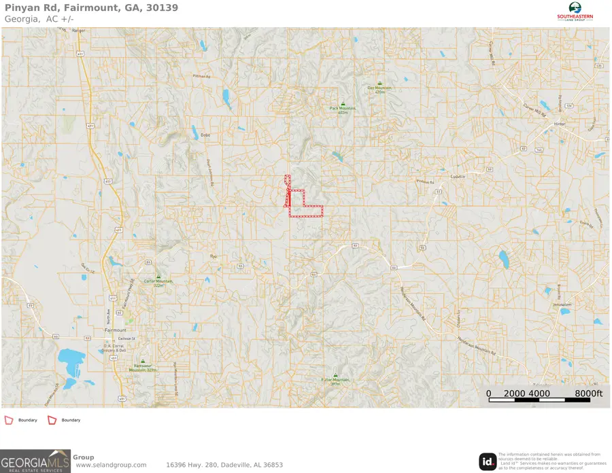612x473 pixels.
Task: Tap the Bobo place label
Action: [205, 135]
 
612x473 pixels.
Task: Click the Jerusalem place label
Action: [561, 306]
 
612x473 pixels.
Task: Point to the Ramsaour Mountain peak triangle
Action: [143, 362]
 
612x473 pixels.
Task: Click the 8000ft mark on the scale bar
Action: [589, 393]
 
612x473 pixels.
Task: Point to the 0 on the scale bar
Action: [489, 393]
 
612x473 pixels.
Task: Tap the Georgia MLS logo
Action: [35, 461]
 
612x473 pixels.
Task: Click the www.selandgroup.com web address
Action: [111, 465]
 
